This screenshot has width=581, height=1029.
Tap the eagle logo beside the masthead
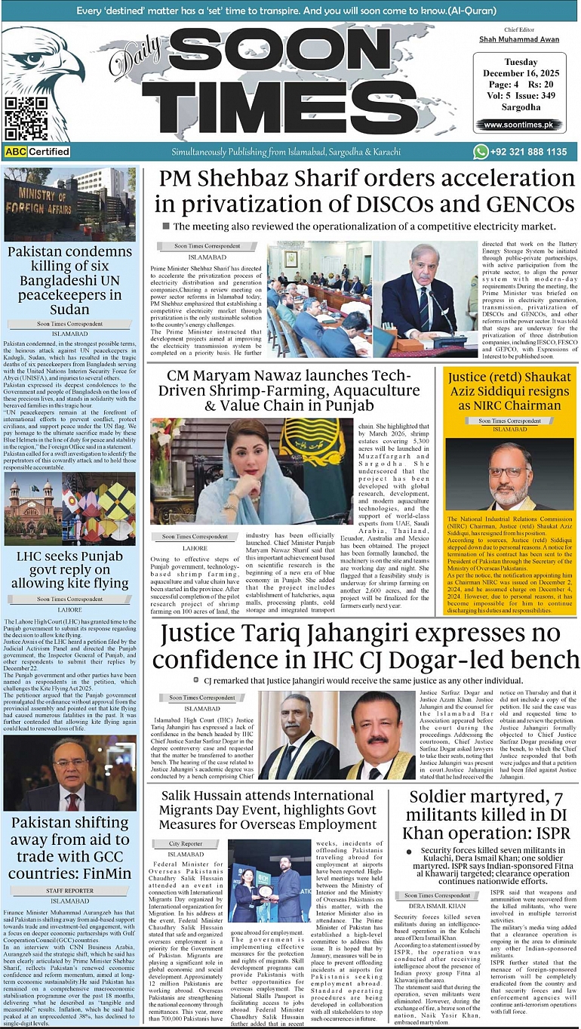coord(53,68)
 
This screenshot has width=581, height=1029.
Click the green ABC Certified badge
coord(37,152)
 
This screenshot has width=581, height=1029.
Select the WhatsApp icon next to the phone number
coord(481,152)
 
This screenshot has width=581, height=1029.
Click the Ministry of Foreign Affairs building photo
coord(69,204)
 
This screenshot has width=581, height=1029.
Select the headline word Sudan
coord(69,309)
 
